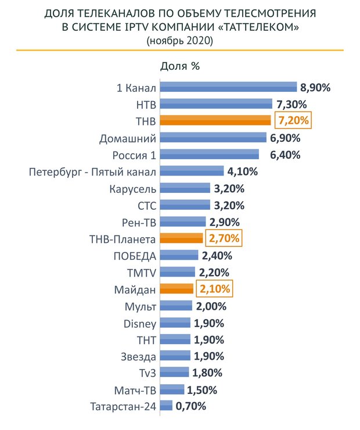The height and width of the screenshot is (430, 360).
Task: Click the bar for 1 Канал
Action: click(x=228, y=88)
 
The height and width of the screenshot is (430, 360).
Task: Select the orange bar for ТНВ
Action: click(x=215, y=121)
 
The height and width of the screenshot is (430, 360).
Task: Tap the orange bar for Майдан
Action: click(x=177, y=289)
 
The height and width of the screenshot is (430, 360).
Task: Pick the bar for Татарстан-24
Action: click(x=166, y=406)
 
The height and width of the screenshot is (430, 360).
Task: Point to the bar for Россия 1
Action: click(x=210, y=155)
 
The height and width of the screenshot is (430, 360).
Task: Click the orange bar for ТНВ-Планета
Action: click(x=181, y=238)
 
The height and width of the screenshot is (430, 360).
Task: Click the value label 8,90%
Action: click(x=315, y=88)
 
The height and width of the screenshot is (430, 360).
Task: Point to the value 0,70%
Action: click(x=191, y=406)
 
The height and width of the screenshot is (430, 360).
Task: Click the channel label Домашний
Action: click(x=128, y=138)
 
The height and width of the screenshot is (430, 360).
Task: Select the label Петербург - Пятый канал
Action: click(x=92, y=171)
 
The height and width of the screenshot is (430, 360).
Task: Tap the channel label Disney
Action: click(x=140, y=322)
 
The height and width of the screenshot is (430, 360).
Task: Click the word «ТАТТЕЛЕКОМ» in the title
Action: click(x=262, y=27)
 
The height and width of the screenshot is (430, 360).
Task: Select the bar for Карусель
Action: click(x=185, y=188)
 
